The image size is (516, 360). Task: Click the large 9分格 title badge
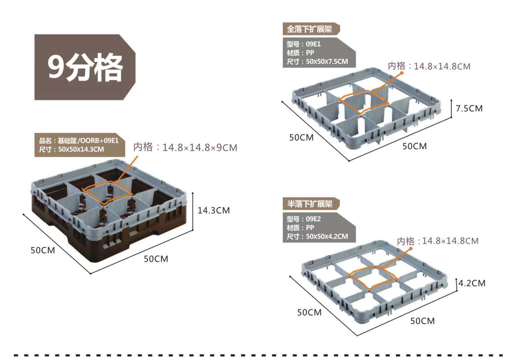pos(85,67)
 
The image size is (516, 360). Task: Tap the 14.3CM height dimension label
pos(214,210)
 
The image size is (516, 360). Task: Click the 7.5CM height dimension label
pos(469,108)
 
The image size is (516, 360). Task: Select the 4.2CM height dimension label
pos(472,283)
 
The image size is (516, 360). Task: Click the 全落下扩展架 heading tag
pos(310,29)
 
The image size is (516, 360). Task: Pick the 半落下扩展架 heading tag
pos(310,204)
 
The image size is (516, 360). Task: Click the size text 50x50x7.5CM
pos(327,62)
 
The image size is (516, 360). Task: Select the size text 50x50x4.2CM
pos(327,236)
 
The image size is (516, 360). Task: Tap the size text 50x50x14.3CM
pos(81,149)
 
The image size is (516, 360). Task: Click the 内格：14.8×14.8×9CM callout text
pos(185,147)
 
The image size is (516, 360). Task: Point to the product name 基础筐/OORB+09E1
pos(88,141)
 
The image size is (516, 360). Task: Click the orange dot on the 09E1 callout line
pos(402,72)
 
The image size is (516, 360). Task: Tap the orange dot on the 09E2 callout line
pos(411,248)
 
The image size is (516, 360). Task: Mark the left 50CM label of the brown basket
pos(43,250)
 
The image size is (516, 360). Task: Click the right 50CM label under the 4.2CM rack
pos(422,321)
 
